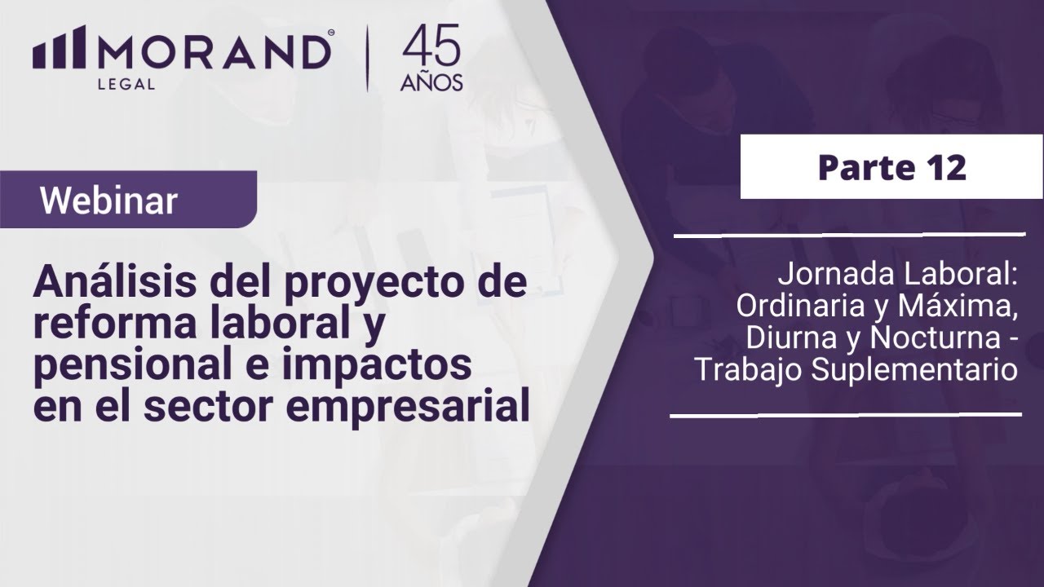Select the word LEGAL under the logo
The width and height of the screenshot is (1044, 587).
click(126, 83)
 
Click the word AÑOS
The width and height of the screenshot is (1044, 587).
click(431, 82)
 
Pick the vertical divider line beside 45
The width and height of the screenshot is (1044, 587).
click(369, 59)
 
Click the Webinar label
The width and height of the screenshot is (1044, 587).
click(109, 201)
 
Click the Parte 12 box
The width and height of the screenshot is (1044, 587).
click(891, 168)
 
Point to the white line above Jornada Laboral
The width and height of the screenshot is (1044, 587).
click(848, 236)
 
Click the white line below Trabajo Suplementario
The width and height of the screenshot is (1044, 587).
click(845, 416)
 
